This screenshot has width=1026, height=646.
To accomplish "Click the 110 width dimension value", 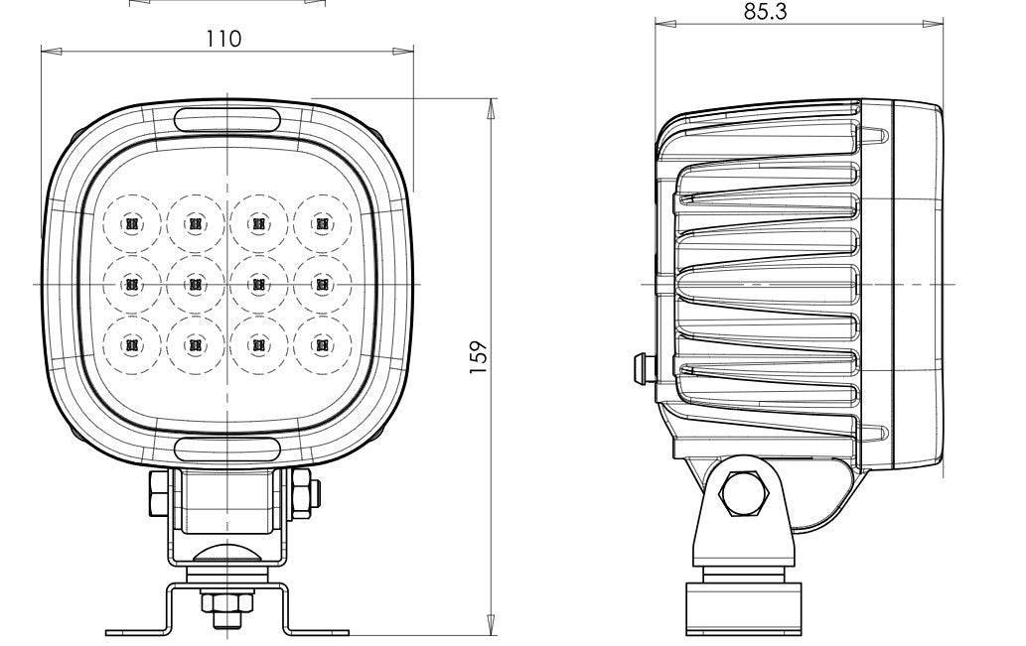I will [223, 39].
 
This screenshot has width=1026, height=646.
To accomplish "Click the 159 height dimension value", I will [478, 354].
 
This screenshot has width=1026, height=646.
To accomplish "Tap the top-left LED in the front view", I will [131, 224].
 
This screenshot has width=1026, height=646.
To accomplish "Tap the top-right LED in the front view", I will [320, 224].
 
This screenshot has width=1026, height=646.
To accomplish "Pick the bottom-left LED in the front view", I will [131, 345].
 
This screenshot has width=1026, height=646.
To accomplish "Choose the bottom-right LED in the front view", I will [320, 345].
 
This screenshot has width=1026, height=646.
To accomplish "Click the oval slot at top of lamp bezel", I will [227, 119].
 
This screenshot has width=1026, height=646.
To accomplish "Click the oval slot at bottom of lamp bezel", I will [227, 449].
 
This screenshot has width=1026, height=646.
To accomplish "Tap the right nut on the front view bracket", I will [300, 491].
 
